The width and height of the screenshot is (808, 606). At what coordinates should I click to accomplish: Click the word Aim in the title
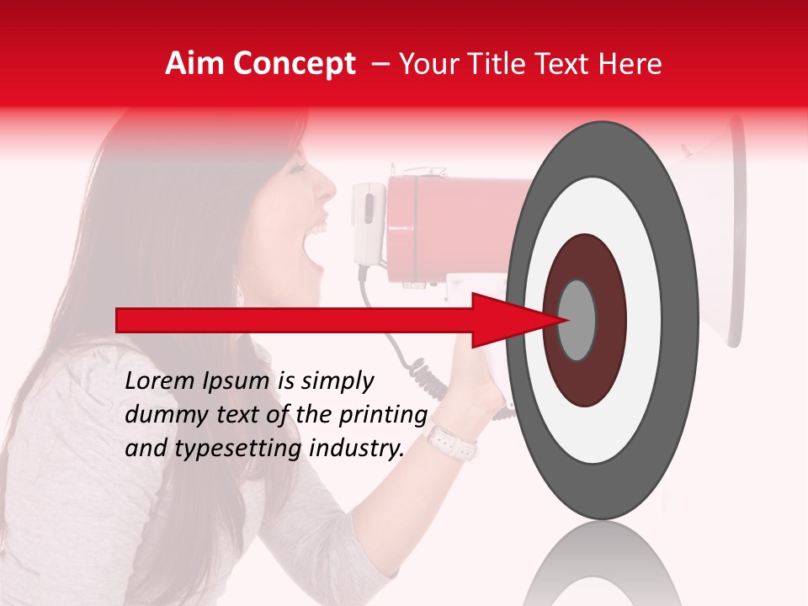(x=195, y=64)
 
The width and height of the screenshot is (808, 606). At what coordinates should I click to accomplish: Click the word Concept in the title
(x=294, y=65)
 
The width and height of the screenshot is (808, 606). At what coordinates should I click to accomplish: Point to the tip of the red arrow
(x=565, y=320)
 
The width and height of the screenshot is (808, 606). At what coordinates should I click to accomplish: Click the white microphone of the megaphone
(x=368, y=223)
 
